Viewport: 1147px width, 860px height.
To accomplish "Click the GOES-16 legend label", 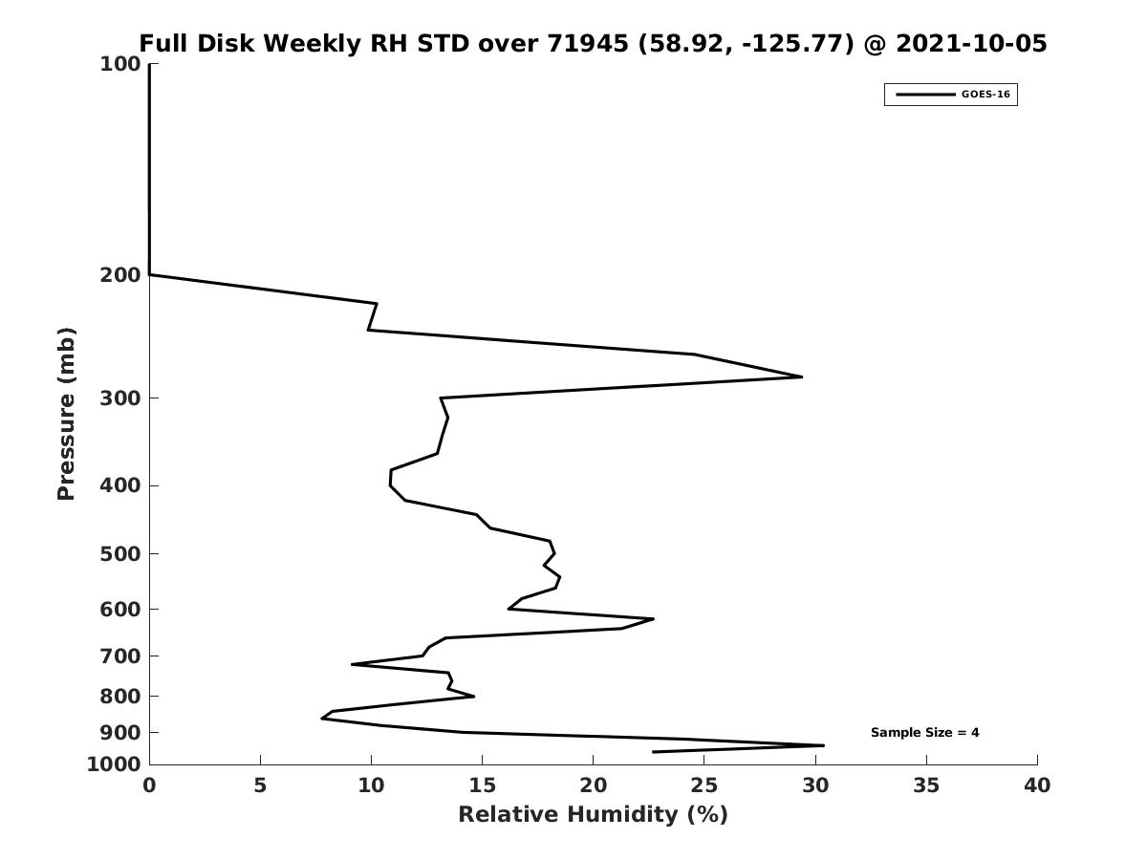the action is pyautogui.click(x=985, y=95).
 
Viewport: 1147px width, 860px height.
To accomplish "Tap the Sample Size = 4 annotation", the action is pyautogui.click(x=924, y=733).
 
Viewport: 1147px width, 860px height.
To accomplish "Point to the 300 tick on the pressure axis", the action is pyautogui.click(x=120, y=398).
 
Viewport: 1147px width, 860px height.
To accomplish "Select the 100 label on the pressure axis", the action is pyautogui.click(x=120, y=64).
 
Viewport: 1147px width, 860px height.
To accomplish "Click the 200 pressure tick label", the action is pyautogui.click(x=120, y=274).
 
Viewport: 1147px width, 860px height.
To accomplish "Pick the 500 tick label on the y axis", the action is pyautogui.click(x=120, y=553).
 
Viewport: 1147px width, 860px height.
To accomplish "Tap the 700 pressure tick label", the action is pyautogui.click(x=120, y=656).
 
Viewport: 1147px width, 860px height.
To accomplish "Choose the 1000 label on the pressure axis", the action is pyautogui.click(x=114, y=764).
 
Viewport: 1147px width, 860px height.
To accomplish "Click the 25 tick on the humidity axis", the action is pyautogui.click(x=703, y=785).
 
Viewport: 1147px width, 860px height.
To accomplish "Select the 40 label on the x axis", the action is pyautogui.click(x=1037, y=785).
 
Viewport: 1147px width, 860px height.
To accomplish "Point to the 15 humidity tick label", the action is pyautogui.click(x=482, y=785).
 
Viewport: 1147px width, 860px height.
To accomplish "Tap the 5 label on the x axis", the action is pyautogui.click(x=260, y=785).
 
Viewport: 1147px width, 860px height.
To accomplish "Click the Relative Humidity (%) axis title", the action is pyautogui.click(x=594, y=814).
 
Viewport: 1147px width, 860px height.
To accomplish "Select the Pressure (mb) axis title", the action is pyautogui.click(x=66, y=414).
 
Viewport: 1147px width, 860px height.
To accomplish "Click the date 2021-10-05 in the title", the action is pyautogui.click(x=971, y=43).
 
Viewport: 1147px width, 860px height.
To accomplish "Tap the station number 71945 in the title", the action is pyautogui.click(x=587, y=43).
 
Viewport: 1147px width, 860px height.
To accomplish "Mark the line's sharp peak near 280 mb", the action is pyautogui.click(x=802, y=376).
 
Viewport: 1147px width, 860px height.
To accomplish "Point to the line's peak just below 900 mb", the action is pyautogui.click(x=824, y=745).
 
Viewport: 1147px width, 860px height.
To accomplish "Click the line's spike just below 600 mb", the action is pyautogui.click(x=653, y=619).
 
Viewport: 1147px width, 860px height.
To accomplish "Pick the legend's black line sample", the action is pyautogui.click(x=925, y=95).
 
